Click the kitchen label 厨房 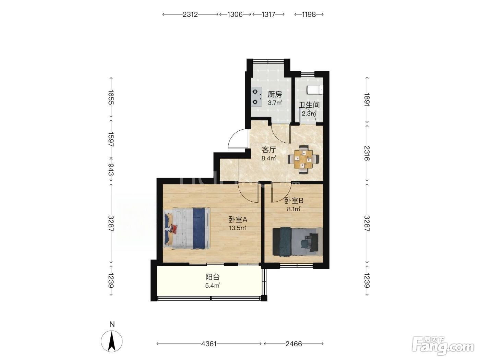coord(275,94)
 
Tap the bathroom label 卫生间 coord(310,105)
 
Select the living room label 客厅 coord(269,150)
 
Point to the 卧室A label coord(238,219)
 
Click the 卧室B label coord(294,201)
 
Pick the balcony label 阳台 coord(212,277)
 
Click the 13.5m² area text coord(238,228)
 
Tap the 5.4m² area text coord(212,286)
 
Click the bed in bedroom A coord(187,228)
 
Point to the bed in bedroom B coord(298,241)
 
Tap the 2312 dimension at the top coord(190,14)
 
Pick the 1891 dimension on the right coord(367,100)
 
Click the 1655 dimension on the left coord(111,97)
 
